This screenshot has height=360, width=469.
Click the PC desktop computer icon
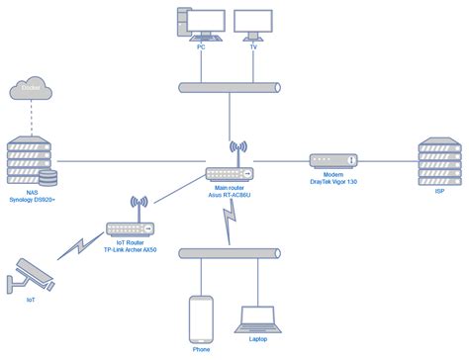coord(196,26)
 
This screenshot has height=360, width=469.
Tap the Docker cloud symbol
coord(29,91)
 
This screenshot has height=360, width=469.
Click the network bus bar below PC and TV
coord(232,89)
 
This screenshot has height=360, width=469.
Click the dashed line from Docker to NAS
coord(29,117)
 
